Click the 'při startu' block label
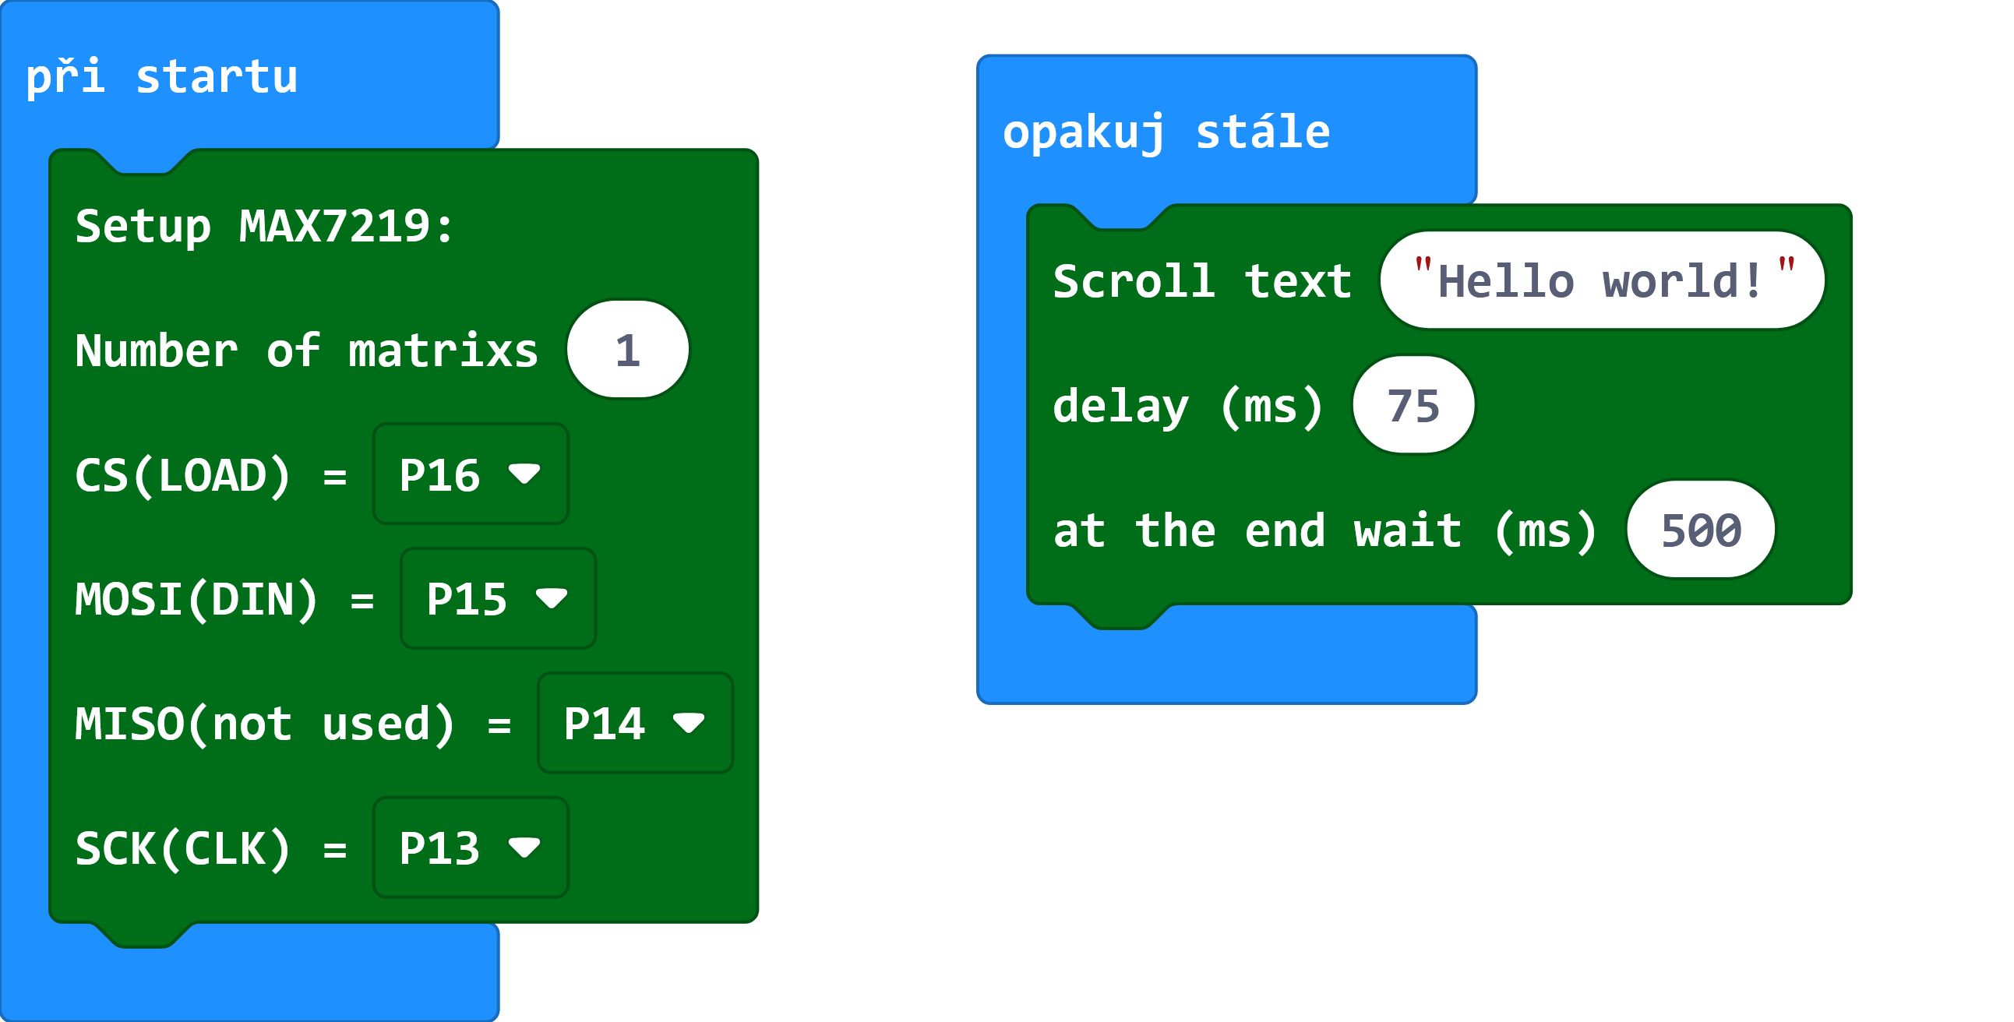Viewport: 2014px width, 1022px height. (x=162, y=77)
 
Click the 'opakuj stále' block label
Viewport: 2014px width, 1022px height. (x=1166, y=132)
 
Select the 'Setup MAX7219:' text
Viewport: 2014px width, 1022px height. (x=264, y=227)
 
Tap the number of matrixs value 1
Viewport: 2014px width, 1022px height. (x=628, y=350)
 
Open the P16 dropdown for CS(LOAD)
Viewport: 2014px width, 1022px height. (x=471, y=474)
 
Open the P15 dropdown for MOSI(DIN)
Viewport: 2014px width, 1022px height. (x=498, y=598)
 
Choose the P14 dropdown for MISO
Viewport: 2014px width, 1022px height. (x=635, y=723)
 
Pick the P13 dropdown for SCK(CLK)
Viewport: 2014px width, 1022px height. (x=471, y=848)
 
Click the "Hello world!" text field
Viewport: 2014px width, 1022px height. (x=1603, y=280)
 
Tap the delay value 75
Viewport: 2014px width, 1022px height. (x=1413, y=405)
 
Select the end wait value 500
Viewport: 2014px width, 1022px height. (x=1701, y=530)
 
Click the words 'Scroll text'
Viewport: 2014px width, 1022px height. (x=1202, y=281)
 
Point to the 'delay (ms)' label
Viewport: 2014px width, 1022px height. (x=1188, y=407)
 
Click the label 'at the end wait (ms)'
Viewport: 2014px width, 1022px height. (x=1325, y=531)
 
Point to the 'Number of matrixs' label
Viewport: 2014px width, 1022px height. (x=306, y=351)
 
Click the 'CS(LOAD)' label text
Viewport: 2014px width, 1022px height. (x=184, y=475)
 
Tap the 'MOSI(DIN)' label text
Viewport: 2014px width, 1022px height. (x=197, y=600)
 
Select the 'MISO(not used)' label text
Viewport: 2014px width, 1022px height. (x=265, y=724)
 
